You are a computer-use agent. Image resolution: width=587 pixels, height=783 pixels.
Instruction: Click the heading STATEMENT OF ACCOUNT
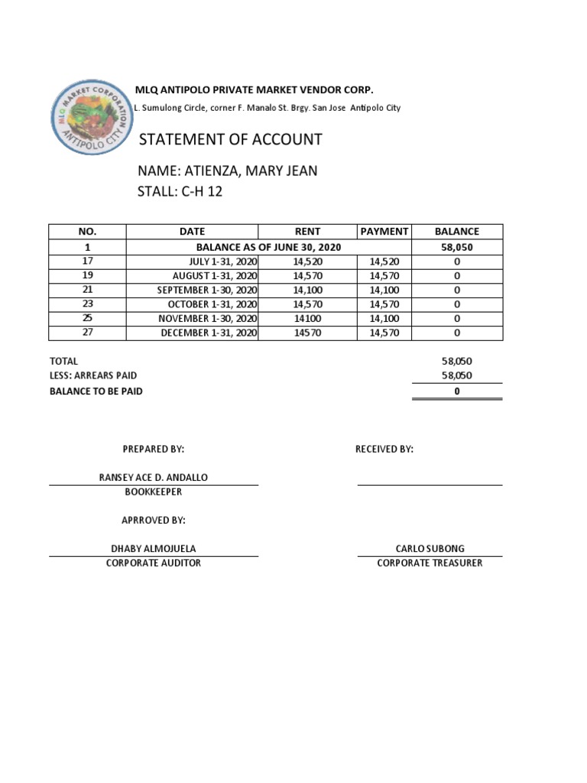click(230, 140)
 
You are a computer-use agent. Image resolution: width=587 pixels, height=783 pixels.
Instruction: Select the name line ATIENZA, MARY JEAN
click(227, 171)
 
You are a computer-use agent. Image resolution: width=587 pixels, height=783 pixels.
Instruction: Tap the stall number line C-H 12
click(180, 191)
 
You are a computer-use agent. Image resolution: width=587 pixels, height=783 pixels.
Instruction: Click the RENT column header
click(307, 232)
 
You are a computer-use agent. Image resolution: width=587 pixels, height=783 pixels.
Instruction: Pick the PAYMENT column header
click(384, 232)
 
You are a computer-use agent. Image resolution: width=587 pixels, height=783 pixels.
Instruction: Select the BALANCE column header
click(457, 232)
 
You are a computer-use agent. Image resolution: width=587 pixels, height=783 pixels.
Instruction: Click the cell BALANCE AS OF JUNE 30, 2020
click(268, 247)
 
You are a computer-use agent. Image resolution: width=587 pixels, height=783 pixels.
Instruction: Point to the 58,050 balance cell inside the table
click(457, 247)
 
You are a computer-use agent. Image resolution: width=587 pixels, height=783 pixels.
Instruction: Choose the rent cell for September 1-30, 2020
click(307, 290)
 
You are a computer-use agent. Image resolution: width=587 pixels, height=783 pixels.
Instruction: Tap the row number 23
click(87, 304)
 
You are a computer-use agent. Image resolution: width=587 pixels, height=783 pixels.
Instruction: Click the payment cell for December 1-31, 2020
click(384, 333)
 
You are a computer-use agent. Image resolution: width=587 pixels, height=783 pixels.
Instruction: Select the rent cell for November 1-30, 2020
click(307, 318)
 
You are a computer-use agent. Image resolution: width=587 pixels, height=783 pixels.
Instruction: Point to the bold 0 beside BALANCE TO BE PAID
click(457, 391)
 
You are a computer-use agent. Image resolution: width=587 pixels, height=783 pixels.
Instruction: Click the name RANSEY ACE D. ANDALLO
click(154, 477)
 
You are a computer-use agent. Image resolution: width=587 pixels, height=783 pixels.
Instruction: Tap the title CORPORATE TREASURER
click(430, 563)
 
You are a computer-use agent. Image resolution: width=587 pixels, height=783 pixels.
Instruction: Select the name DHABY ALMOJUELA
click(154, 548)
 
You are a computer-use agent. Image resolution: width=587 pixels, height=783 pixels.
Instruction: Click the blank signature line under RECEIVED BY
click(430, 483)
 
